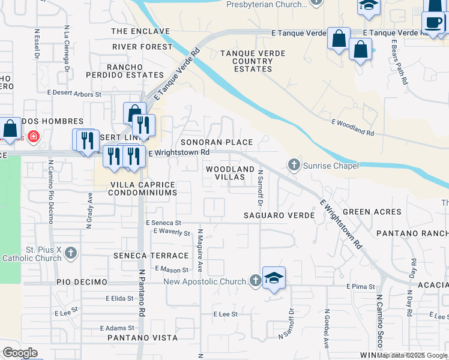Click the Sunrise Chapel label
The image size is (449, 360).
[x=331, y=166]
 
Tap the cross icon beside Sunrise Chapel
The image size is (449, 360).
[x=294, y=164]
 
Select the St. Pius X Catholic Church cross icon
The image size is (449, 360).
[x=71, y=253]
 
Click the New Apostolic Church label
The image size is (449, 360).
[x=205, y=281]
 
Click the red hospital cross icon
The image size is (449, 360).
[x=33, y=137]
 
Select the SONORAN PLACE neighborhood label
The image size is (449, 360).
[x=217, y=142]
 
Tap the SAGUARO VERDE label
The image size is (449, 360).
[x=279, y=215]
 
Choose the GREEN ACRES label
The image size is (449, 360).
[x=372, y=212]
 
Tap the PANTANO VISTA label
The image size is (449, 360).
[x=142, y=338]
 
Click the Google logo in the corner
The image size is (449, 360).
[x=20, y=353]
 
